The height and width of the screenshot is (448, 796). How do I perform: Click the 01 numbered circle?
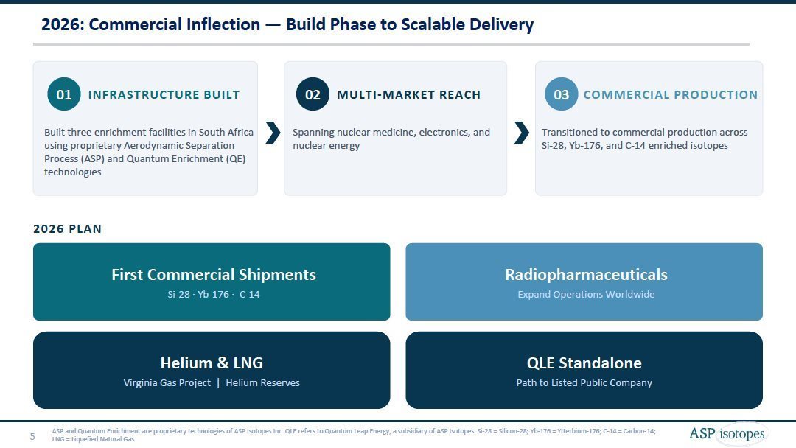coord(64,94)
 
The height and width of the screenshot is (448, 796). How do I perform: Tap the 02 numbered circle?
coord(313,94)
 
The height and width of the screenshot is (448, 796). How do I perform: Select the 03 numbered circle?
coord(562,94)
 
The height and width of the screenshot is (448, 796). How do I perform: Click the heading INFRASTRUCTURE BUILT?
coord(164,95)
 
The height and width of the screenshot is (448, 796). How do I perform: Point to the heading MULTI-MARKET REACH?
coord(408,95)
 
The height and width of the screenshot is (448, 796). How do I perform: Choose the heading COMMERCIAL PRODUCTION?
coord(671,95)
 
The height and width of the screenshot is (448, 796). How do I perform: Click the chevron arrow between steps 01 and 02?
coord(273,133)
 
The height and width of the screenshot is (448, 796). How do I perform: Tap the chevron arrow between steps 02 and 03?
coord(522,133)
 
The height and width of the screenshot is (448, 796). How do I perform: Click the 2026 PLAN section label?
coord(68,229)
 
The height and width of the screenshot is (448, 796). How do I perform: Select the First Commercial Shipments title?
coord(214,275)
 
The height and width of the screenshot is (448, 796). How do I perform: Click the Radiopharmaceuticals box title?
coord(587,275)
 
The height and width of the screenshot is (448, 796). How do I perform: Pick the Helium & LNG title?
coord(212,363)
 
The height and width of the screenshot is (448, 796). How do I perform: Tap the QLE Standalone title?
coord(584,363)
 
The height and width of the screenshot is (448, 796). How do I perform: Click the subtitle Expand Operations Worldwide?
coord(587,294)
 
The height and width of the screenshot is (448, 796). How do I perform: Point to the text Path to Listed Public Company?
coord(584,382)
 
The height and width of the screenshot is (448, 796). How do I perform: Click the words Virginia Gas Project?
coord(167,382)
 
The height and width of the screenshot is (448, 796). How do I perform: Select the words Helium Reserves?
coord(263,382)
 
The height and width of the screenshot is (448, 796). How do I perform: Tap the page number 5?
coord(32,436)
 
